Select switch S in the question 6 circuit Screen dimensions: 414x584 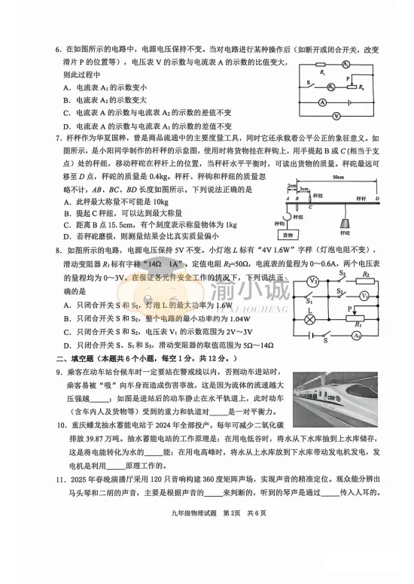[310, 84]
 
